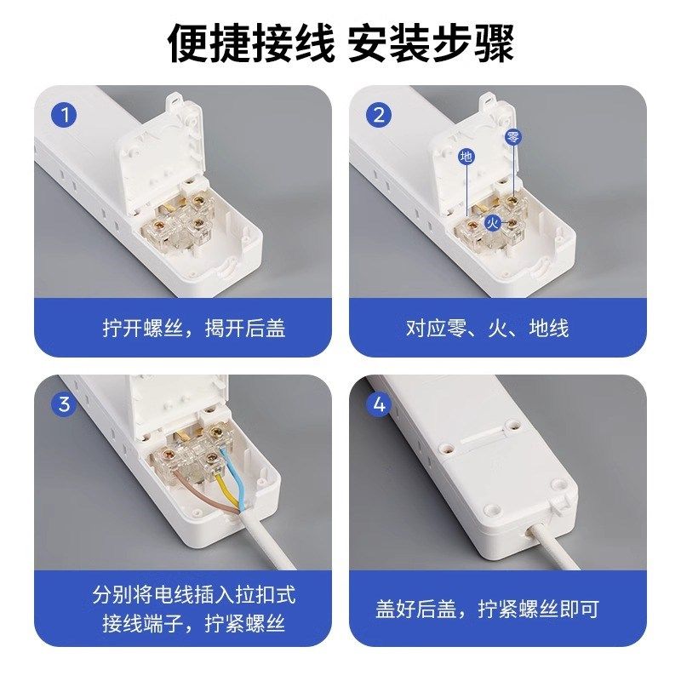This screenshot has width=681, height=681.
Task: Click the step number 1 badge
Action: tap(65, 115)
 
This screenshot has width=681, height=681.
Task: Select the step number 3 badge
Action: tap(65, 404)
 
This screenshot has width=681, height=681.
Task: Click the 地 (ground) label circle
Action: tap(466, 157)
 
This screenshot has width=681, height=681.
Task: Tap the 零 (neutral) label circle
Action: tap(512, 136)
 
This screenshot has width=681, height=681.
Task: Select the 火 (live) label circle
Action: tap(492, 221)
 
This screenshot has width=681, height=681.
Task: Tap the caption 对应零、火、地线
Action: tap(498, 328)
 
